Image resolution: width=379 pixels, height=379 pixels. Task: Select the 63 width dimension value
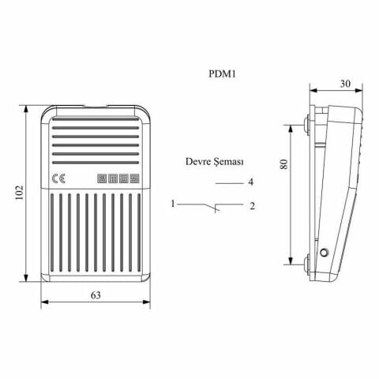96,295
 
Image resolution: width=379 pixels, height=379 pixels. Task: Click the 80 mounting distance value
285,164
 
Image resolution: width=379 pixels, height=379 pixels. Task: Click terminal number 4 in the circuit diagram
250,182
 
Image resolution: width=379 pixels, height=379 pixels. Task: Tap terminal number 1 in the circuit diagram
172,205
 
